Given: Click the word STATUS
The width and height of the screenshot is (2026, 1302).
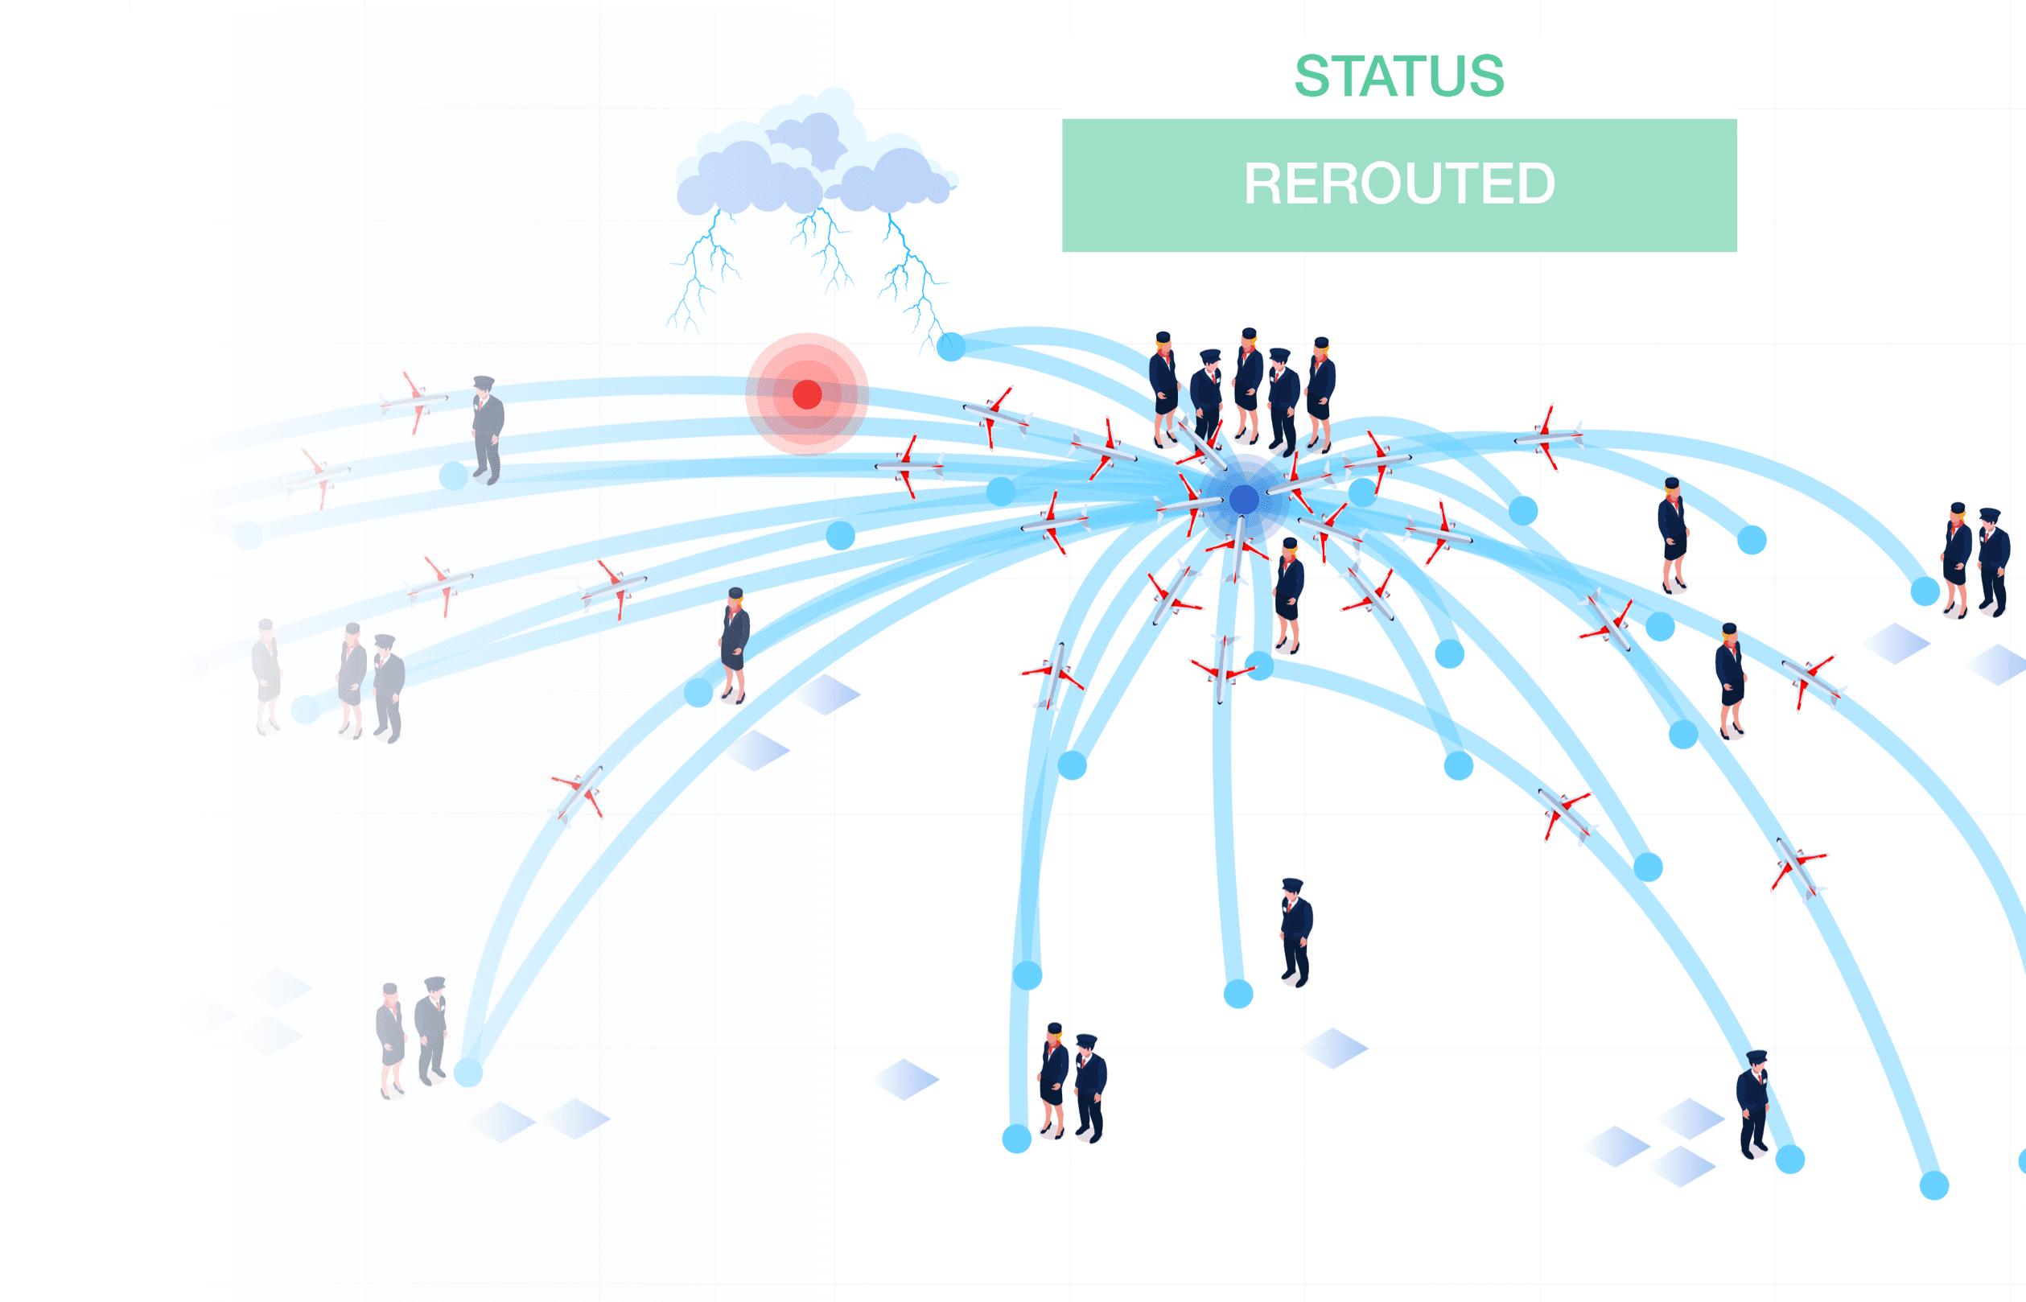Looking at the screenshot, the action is pyautogui.click(x=1399, y=76).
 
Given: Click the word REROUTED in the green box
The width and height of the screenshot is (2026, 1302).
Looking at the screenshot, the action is pyautogui.click(x=1399, y=183).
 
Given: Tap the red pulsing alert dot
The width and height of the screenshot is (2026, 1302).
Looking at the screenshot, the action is pyautogui.click(x=807, y=394).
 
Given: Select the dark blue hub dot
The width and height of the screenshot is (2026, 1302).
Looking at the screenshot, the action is pyautogui.click(x=1243, y=500).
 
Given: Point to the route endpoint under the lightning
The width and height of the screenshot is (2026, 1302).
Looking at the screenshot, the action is pyautogui.click(x=951, y=346).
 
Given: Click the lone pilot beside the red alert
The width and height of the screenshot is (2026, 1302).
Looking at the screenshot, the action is pyautogui.click(x=487, y=429).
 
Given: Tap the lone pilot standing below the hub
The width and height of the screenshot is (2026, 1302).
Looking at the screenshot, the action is pyautogui.click(x=1295, y=932).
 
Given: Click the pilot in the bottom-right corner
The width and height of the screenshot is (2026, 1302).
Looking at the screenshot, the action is pyautogui.click(x=1752, y=1102).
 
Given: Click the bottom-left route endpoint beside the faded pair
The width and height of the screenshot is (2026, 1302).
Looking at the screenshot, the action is pyautogui.click(x=468, y=1073).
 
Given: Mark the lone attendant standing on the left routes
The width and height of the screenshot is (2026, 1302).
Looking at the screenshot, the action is pyautogui.click(x=735, y=645).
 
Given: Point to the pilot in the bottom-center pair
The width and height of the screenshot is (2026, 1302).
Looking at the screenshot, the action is pyautogui.click(x=1089, y=1086).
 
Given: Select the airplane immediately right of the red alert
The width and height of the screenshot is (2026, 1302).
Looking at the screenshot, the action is pyautogui.click(x=909, y=465).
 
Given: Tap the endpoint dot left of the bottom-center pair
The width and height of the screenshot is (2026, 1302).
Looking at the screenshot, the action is pyautogui.click(x=1017, y=1139).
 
